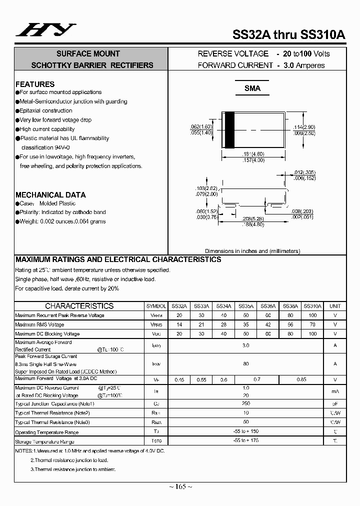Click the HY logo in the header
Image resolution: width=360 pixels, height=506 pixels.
tap(45, 30)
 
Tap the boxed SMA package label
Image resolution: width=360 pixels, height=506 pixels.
tap(252, 88)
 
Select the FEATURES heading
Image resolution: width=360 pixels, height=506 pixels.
tap(35, 84)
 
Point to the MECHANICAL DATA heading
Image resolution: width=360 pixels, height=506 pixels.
tap(50, 194)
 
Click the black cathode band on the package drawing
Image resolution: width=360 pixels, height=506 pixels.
tap(229, 129)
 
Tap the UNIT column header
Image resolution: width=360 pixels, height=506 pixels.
tap(335, 306)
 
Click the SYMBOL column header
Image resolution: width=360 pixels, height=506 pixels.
tap(156, 306)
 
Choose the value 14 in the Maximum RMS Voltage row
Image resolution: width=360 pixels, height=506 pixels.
tap(179, 324)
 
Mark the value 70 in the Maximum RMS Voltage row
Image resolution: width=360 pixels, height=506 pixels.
tap(312, 324)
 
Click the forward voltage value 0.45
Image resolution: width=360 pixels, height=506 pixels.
tap(179, 380)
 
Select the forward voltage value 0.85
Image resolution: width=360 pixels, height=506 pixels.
tap(301, 380)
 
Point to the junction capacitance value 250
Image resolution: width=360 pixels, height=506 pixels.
tap(245, 403)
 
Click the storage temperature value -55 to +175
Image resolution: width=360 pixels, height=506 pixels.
tap(245, 441)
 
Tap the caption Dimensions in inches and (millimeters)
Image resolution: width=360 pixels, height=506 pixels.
tap(252, 251)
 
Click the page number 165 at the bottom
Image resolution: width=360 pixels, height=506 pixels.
tap(180, 486)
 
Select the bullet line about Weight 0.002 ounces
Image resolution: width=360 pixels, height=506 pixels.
tap(62, 221)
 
